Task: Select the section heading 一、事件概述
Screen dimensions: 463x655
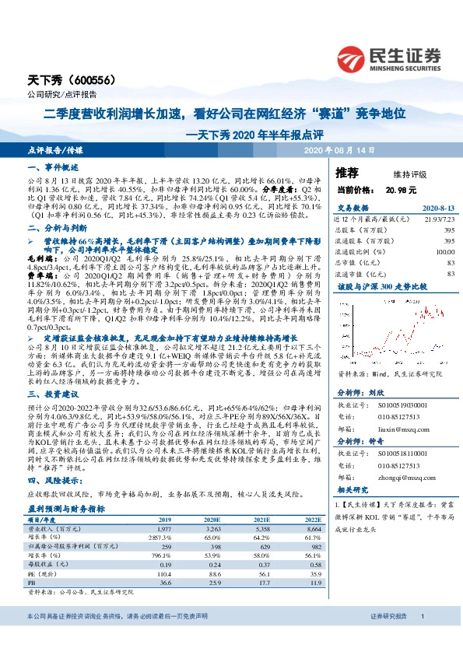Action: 54,167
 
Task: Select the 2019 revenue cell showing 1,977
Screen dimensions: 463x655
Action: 163,528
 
